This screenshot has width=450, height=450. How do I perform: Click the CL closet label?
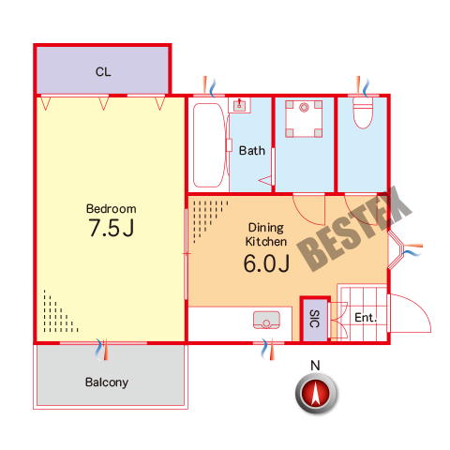[x=103, y=72]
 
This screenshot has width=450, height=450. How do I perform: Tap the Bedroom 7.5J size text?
[x=112, y=228]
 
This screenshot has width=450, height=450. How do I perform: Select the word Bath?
[x=252, y=151]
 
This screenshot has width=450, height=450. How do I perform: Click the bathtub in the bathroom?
[x=209, y=145]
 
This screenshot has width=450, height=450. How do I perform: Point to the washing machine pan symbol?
[x=304, y=119]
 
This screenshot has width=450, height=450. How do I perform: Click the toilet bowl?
[x=363, y=112]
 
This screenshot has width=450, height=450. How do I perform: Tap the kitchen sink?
[x=266, y=320]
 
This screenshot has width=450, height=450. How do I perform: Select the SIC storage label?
[x=314, y=319]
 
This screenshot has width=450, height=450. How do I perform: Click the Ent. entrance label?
[x=366, y=318]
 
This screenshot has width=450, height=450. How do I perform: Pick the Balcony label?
[x=107, y=382]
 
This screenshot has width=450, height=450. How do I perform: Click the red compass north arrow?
[x=316, y=393]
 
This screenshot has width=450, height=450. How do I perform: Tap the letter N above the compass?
[x=315, y=366]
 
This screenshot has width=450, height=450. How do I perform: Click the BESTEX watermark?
[x=354, y=229]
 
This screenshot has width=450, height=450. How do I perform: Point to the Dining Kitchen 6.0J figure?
[x=266, y=263]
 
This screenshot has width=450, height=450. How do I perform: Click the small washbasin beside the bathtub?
[x=239, y=105]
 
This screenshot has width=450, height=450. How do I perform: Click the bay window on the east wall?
[x=397, y=250]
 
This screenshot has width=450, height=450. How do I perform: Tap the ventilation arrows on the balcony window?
[x=102, y=349]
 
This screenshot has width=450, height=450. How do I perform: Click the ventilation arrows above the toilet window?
[x=363, y=85]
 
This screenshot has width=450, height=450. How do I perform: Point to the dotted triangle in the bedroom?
[x=58, y=314]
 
